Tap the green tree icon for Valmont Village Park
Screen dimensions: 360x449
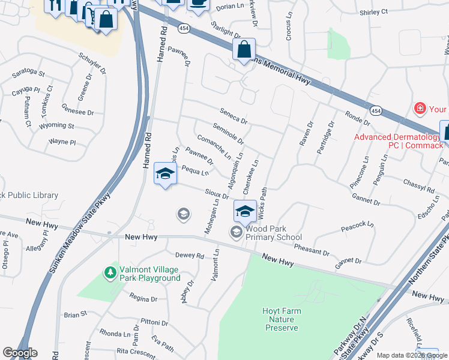[110, 273]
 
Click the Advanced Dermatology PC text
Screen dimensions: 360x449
[397, 141]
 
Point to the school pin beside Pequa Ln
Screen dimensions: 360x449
[165, 175]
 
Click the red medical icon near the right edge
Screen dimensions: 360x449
[420, 109]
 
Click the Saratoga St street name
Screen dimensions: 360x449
[28, 73]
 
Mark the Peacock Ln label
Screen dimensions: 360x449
[357, 225]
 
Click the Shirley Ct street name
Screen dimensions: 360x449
[373, 11]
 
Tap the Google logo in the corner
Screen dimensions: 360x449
[20, 353]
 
